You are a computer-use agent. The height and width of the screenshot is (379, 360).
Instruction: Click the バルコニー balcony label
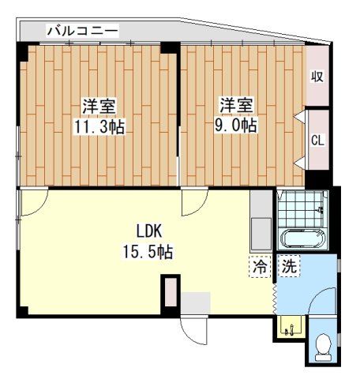tap(82, 31)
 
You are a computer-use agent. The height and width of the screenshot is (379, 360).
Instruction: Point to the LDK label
tap(148, 233)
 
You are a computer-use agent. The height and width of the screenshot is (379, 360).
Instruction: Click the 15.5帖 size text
tap(148, 253)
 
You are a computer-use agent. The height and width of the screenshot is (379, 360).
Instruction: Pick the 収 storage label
tap(317, 77)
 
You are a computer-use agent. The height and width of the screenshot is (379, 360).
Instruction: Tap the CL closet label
tap(317, 141)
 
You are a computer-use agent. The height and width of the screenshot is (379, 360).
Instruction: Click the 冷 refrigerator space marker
tap(259, 267)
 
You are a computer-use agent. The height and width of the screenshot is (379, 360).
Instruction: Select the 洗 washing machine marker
tap(290, 267)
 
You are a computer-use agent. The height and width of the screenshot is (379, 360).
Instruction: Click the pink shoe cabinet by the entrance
tap(170, 292)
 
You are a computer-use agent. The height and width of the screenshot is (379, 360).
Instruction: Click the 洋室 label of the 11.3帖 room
tap(98, 106)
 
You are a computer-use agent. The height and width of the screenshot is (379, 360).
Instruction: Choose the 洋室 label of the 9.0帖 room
tap(235, 105)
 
